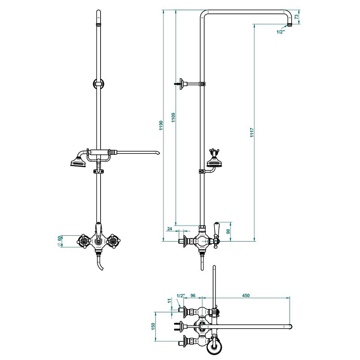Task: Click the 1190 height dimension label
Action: [161, 125]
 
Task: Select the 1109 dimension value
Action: [174, 117]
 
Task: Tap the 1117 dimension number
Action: [252, 133]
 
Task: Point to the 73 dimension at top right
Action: [296, 17]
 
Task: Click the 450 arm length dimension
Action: [246, 296]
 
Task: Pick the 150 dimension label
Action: [153, 326]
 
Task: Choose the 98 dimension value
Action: [228, 231]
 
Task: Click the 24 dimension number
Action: [170, 229]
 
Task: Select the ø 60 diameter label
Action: [59, 241]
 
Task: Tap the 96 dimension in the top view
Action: [193, 296]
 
